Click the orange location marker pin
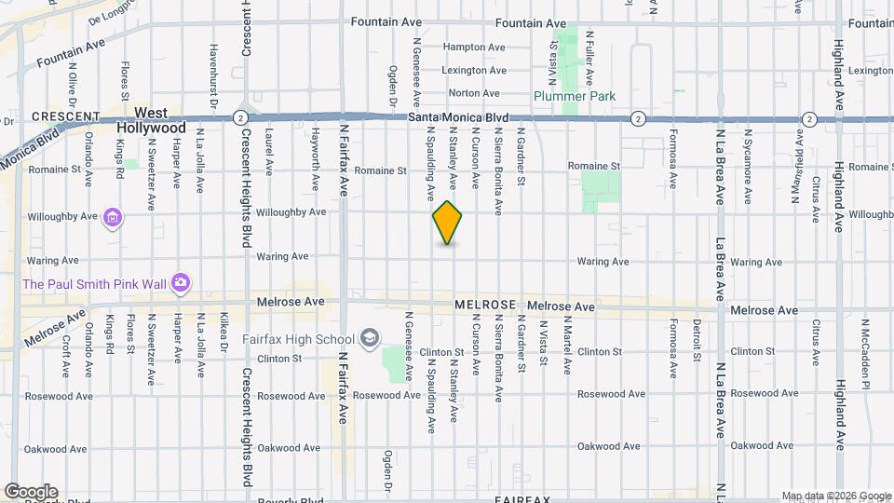[x=447, y=223]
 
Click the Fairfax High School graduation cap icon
[x=369, y=338]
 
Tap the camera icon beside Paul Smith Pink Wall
[x=180, y=282]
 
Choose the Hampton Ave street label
[x=473, y=47]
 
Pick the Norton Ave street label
[x=474, y=93]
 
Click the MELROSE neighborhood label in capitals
[x=485, y=306]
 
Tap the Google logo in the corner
[x=31, y=492]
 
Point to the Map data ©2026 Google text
[x=835, y=496]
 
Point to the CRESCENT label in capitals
[x=65, y=116]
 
